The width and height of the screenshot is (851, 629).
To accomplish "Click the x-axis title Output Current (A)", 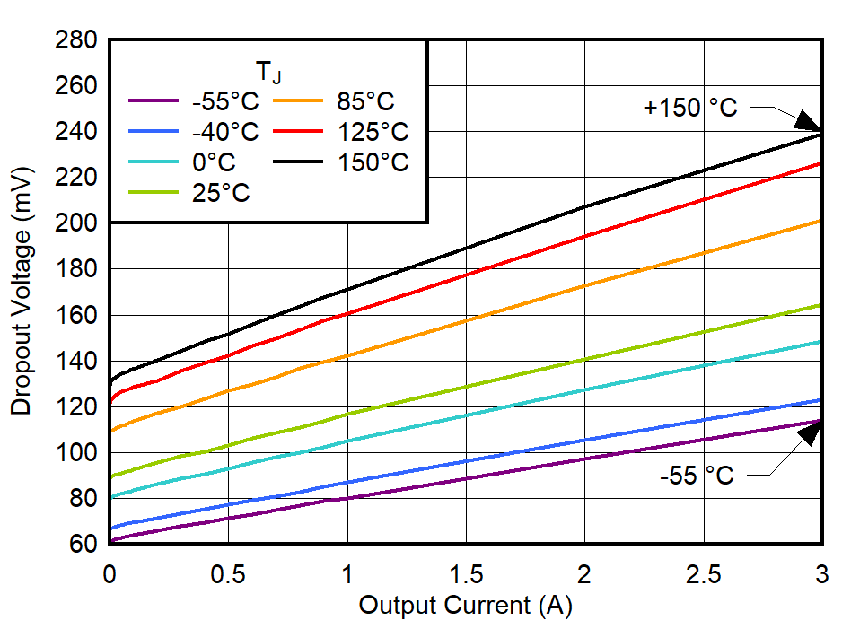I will (x=465, y=606).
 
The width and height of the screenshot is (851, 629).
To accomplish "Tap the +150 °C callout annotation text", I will (x=689, y=108).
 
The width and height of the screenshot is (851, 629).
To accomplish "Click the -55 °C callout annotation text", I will (x=696, y=476).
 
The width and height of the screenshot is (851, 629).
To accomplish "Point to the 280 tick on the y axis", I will (x=77, y=40).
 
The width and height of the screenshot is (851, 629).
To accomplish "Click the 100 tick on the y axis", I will (x=77, y=453).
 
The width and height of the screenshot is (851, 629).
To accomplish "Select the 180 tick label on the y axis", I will (x=77, y=269).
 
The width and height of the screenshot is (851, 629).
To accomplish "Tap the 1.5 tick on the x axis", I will (x=465, y=573).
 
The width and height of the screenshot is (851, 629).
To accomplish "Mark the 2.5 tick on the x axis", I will (x=703, y=573).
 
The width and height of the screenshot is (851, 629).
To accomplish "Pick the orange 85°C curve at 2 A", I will (x=584, y=286).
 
